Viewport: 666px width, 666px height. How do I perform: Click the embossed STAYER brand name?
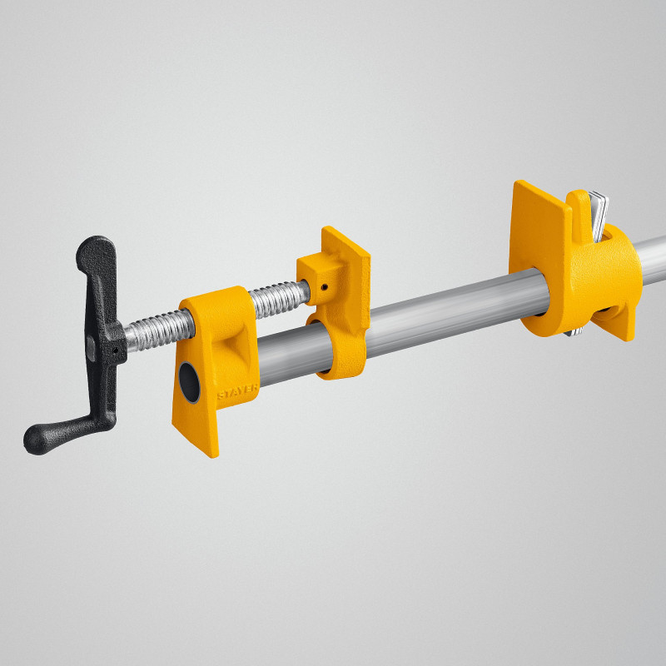click(x=238, y=391)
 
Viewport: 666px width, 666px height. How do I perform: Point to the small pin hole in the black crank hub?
click(x=115, y=350)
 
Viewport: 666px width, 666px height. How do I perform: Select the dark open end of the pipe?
click(x=189, y=382)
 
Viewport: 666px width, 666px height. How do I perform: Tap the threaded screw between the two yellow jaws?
click(x=279, y=300)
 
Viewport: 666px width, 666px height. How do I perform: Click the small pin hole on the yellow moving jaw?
click(x=324, y=286)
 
